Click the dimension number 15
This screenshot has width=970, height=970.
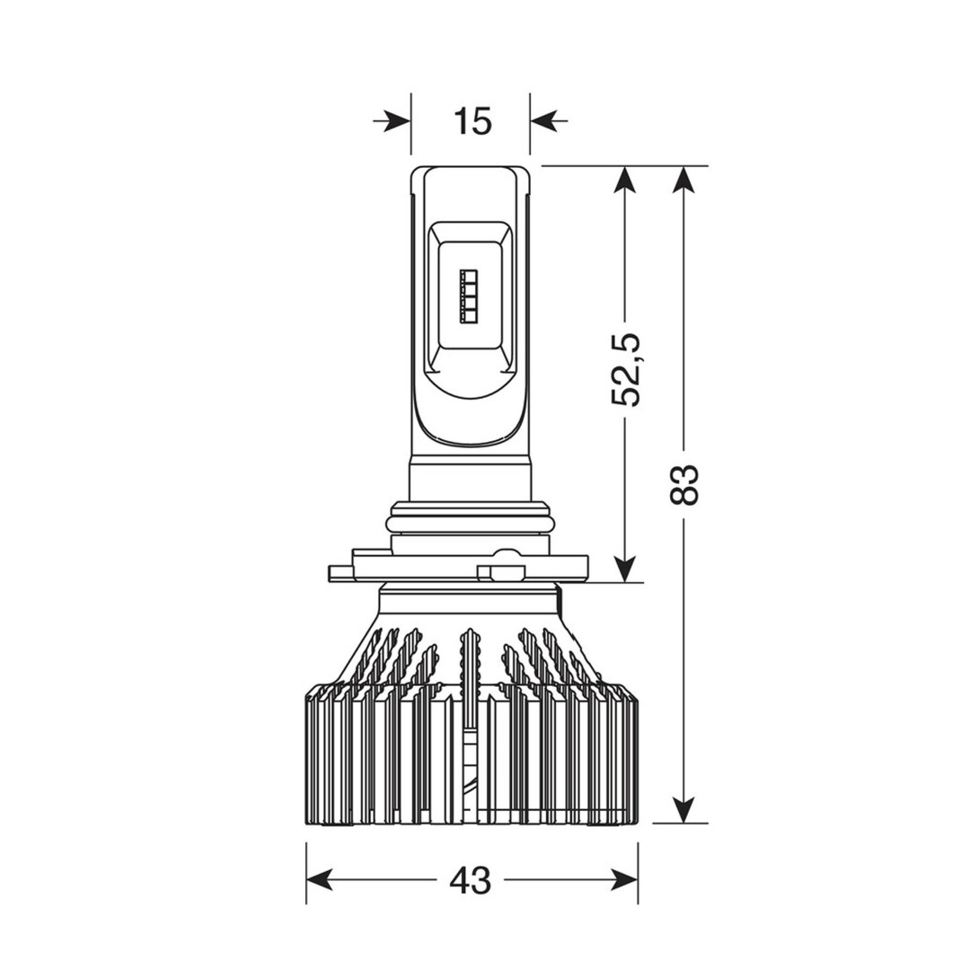coord(472,120)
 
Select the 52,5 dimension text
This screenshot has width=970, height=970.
coord(625,369)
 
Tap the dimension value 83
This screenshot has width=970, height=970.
coord(684,484)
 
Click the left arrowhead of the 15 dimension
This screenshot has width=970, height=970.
coord(397,120)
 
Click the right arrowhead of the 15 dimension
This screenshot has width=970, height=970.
coord(543,120)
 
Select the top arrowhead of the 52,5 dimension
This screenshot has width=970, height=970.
coord(626,181)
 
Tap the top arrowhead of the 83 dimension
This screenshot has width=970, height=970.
coord(683,181)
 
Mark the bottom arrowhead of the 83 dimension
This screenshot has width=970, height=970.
coord(683,808)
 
